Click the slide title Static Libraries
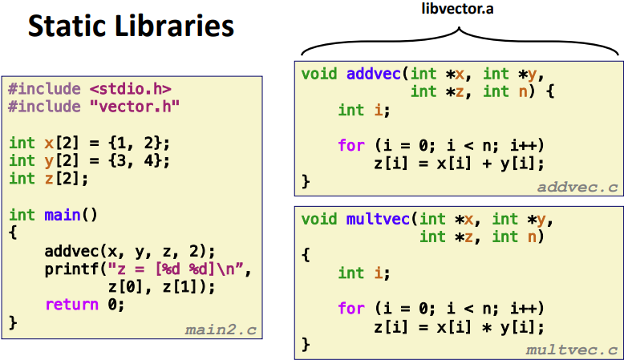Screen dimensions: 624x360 point(131,26)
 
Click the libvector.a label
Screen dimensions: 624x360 point(459,9)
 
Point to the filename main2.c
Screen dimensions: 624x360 point(220,329)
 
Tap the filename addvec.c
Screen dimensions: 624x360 point(577,187)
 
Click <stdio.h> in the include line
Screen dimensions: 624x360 point(130,88)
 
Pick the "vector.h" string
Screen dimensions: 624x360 point(134,106)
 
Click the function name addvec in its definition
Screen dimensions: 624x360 point(372,75)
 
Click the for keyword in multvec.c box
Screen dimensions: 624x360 point(350,309)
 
